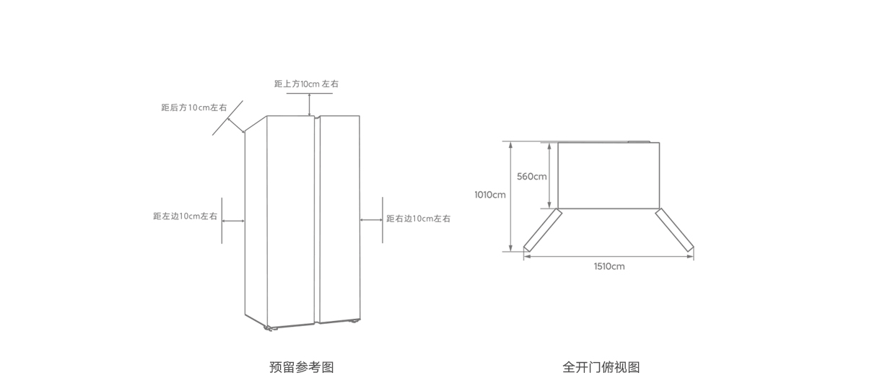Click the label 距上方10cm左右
(306, 84)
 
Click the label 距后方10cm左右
(193, 107)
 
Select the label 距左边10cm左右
(185, 216)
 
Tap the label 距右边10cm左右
(418, 219)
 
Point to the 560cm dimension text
(532, 176)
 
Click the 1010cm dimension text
(490, 195)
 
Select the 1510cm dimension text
(609, 266)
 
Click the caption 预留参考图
(301, 367)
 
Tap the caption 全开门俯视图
(601, 367)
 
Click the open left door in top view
(541, 230)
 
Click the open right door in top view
(674, 230)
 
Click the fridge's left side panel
(256, 224)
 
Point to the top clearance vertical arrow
(310, 104)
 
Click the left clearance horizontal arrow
(233, 221)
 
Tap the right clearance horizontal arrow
(371, 220)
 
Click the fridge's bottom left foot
(269, 329)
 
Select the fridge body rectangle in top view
(609, 175)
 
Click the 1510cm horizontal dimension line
(609, 256)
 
